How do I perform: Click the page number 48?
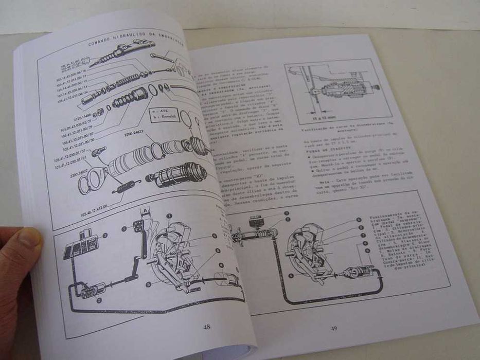click(x=206, y=326)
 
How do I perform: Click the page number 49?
click(x=333, y=329)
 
